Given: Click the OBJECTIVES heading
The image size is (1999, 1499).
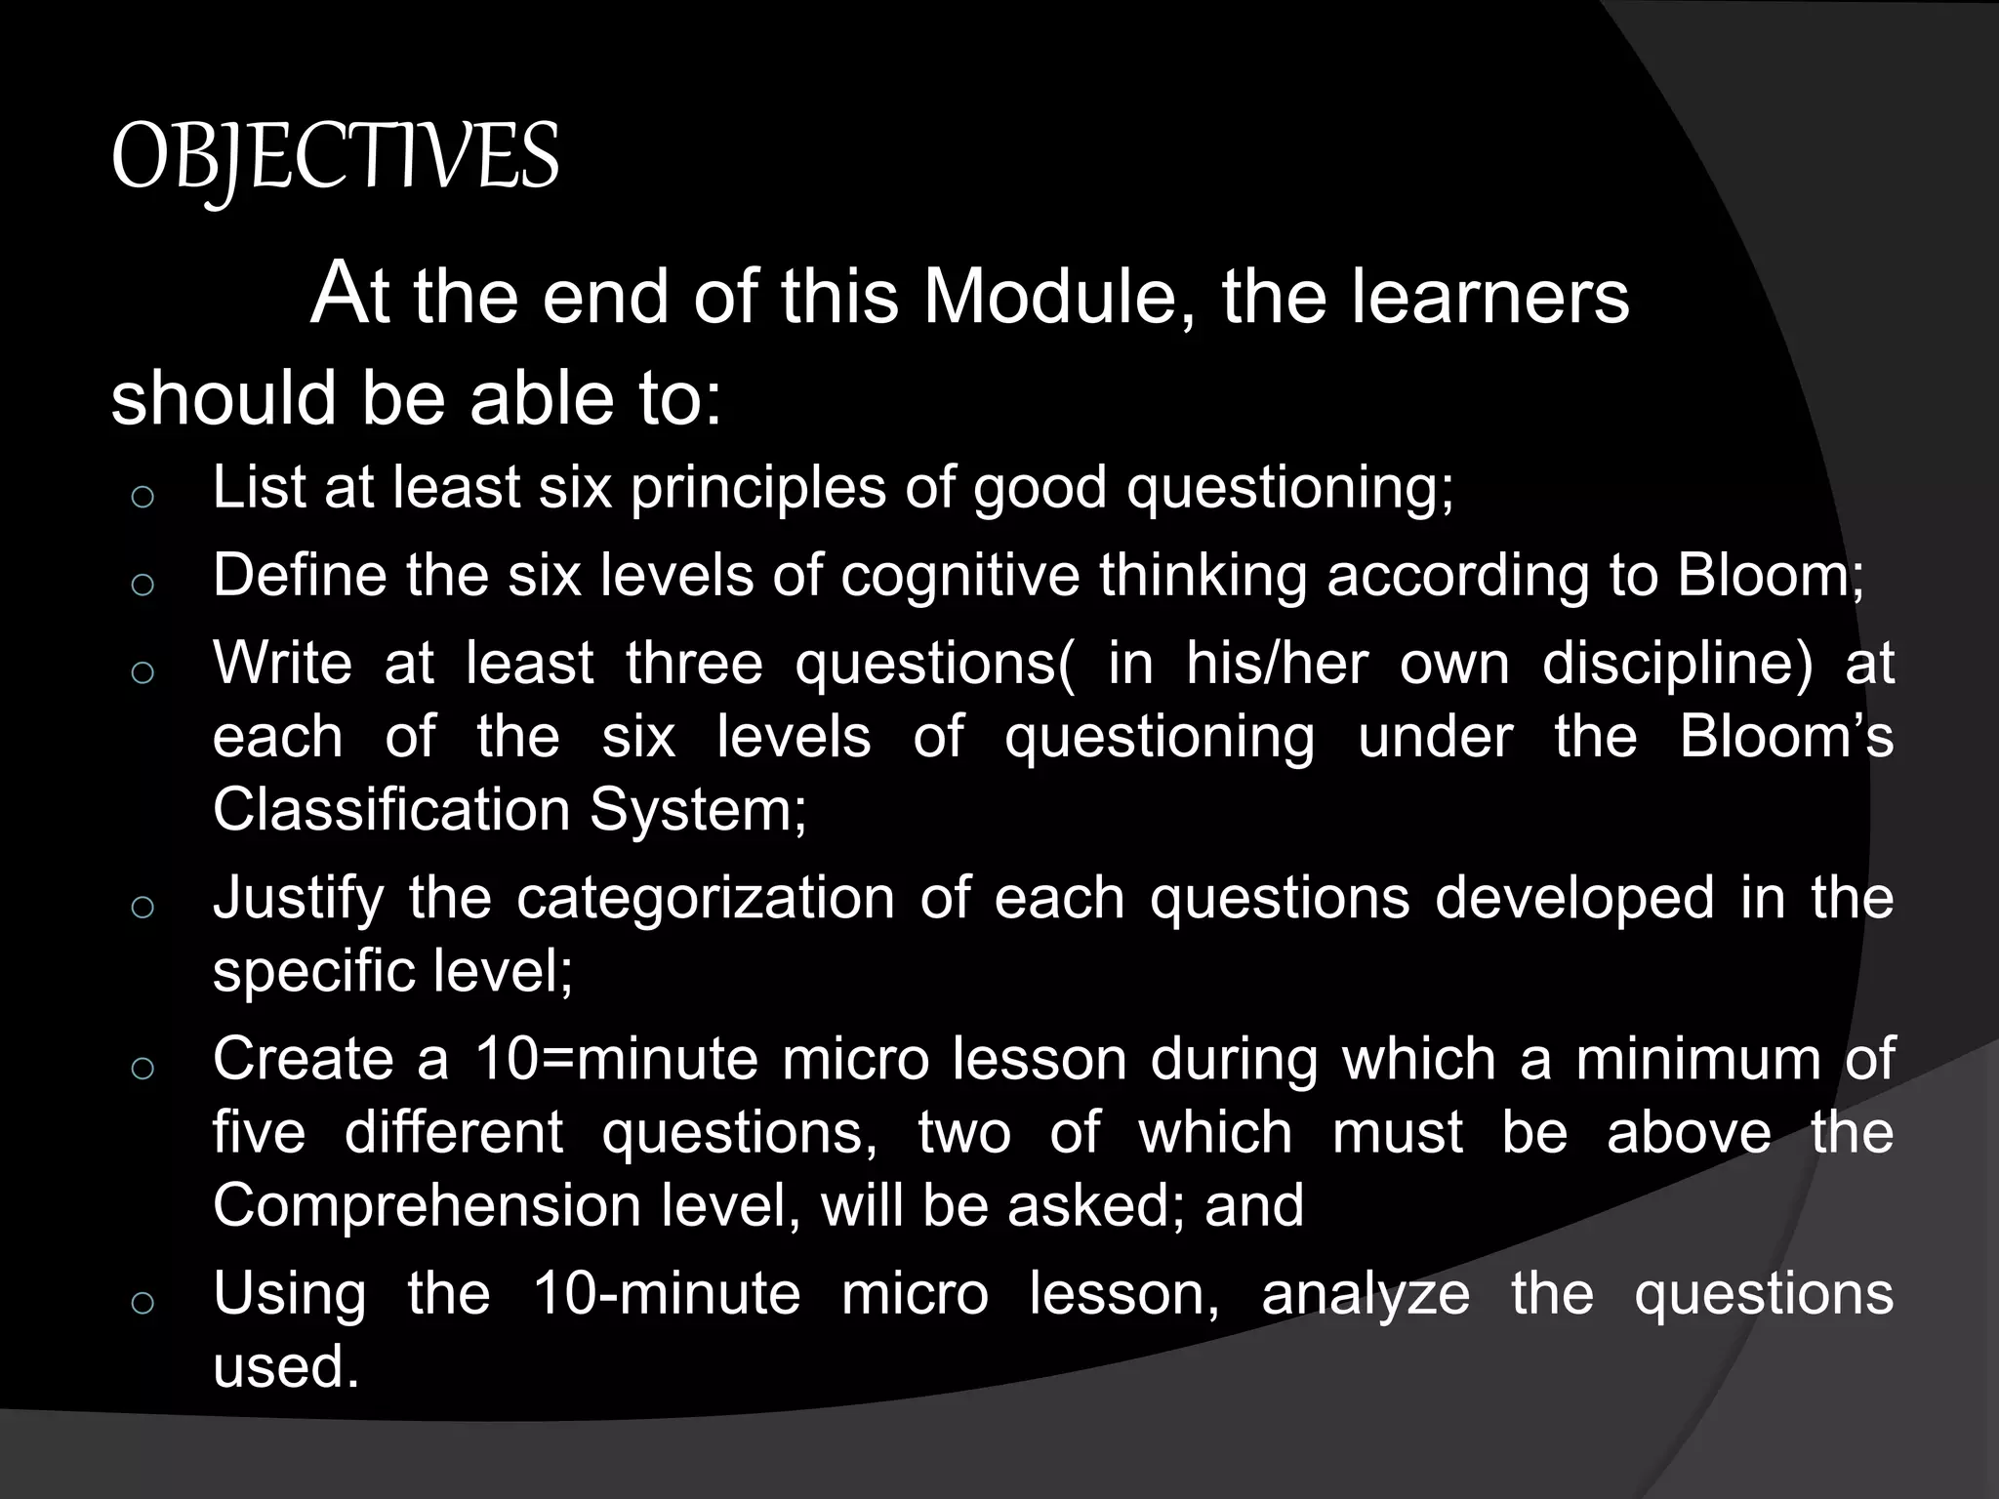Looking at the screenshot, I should (x=335, y=159).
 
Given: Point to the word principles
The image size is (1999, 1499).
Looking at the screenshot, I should (x=758, y=488).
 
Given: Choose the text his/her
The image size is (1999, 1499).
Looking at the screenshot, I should (x=1277, y=664).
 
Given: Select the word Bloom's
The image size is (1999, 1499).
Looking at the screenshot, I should (x=1786, y=736).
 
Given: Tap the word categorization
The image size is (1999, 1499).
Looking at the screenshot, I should (x=705, y=898).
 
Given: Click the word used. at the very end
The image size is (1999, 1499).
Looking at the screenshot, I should (x=286, y=1366).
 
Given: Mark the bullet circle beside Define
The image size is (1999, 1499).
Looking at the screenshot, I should (x=143, y=585).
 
